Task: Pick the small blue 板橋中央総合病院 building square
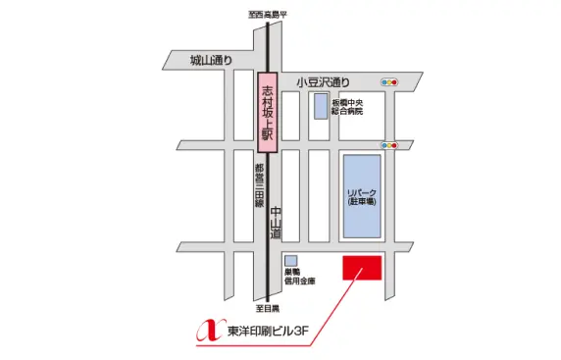[x=320, y=107]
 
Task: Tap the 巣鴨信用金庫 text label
[x=301, y=277]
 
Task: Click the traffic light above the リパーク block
[x=390, y=145]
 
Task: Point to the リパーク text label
[x=363, y=190]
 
